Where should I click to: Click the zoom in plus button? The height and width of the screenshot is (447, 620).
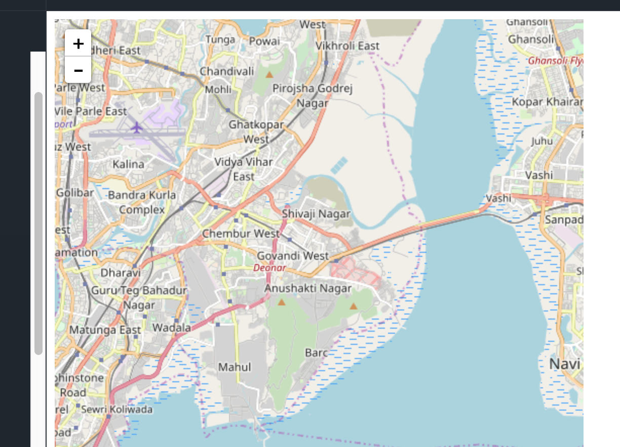(78, 43)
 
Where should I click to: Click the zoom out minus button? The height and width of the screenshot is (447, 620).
(78, 70)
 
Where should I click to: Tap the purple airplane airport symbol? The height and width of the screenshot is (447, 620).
(136, 127)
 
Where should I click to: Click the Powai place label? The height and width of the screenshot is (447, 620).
(264, 41)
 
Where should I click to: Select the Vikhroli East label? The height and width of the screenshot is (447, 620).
(347, 46)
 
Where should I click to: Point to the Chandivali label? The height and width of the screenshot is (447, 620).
(227, 71)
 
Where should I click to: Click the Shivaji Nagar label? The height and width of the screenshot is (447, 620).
(316, 214)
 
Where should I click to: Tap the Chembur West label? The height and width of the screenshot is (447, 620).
(241, 234)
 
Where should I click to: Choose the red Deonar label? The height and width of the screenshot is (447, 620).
(269, 268)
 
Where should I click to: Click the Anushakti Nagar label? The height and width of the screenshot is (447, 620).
(308, 288)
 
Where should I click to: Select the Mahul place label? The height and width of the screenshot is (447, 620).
(235, 367)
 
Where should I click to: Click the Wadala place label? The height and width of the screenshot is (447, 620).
(172, 328)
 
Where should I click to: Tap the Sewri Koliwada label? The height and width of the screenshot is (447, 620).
(117, 410)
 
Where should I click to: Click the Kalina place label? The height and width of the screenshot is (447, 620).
(128, 164)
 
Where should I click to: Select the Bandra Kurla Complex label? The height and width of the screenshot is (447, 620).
(142, 202)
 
